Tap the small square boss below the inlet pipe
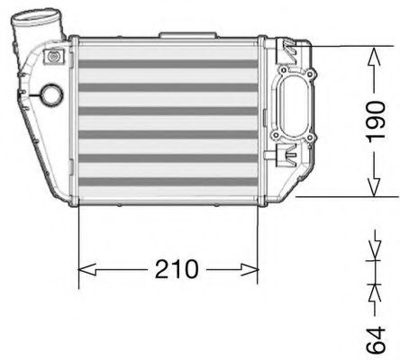[x=54, y=58]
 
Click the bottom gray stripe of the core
[x=169, y=178]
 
